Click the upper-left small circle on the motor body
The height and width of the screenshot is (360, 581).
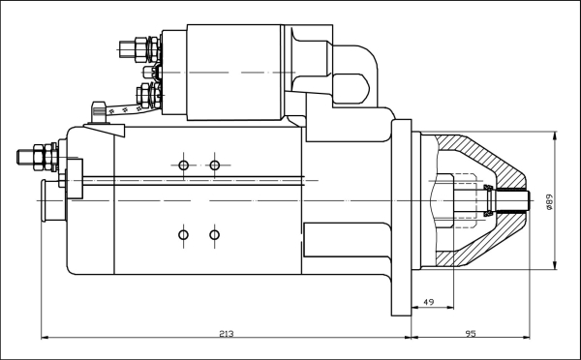pos(184,165)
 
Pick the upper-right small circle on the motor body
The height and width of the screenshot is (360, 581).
pos(215,165)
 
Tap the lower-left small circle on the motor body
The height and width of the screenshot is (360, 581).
pos(184,234)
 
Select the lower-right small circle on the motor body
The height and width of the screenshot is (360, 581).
pos(215,234)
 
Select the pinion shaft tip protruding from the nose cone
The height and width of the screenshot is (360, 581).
pos(517,201)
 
